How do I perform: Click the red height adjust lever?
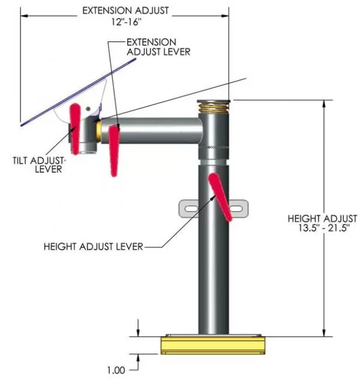tap(220, 197)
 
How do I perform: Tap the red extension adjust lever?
tap(113, 151)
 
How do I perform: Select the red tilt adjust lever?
tap(75, 129)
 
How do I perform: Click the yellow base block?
tap(213, 345)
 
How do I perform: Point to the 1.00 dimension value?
tap(116, 370)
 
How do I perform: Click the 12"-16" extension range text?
tap(126, 22)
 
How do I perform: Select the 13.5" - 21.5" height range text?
tap(324, 228)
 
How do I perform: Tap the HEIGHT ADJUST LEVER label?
tap(94, 246)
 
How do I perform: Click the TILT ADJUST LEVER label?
tap(39, 164)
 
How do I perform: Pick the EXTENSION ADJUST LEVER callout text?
tap(158, 47)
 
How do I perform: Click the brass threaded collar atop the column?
tap(214, 108)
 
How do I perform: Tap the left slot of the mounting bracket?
tap(191, 208)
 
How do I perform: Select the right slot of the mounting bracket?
tap(236, 209)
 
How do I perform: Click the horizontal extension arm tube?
tap(152, 131)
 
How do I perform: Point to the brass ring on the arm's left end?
tap(98, 131)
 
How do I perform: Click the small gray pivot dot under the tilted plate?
tap(88, 109)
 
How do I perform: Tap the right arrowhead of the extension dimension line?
tap(225, 16)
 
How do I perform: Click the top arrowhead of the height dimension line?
tap(324, 104)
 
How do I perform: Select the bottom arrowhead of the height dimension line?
tap(324, 333)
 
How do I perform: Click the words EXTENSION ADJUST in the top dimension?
tap(126, 11)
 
